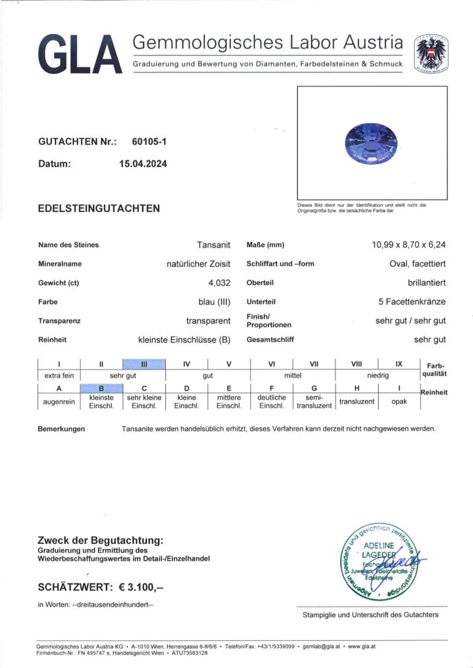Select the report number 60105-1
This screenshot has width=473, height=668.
pos(149,142)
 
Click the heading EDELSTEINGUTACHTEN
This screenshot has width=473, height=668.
pos(99,208)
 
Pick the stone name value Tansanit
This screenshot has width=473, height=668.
pos(213,245)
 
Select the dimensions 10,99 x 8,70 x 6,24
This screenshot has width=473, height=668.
pos(408,245)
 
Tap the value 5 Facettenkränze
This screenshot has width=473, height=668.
pos(412,302)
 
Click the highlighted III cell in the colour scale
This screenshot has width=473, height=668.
pos(144,364)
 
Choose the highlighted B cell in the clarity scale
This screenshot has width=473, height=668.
pos(101,388)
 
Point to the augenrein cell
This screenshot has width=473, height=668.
pos(59,402)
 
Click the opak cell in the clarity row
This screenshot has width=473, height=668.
pos(399,401)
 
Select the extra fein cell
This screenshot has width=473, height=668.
pos(59,376)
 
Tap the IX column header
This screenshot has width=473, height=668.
pos(399,364)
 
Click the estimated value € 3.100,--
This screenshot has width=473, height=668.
pos(141,587)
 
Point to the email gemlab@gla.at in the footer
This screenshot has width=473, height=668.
pos(321,646)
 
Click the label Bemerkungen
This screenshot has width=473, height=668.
pos(61,429)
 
